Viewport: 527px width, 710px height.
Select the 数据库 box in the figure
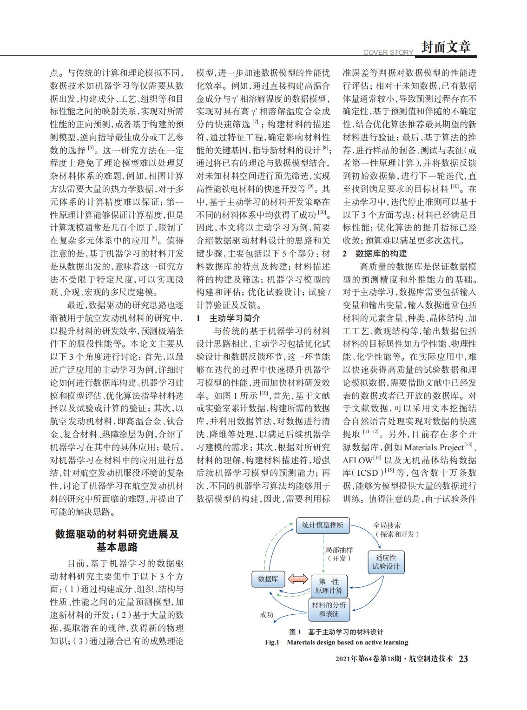268,579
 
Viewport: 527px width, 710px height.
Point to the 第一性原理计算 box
329,586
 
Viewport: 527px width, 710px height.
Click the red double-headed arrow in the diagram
298,579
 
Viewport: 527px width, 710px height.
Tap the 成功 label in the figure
266,615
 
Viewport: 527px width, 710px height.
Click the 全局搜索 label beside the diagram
387,525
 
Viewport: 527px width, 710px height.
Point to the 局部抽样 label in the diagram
339,550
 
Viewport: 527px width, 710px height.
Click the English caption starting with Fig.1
336,642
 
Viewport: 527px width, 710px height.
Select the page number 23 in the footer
463,659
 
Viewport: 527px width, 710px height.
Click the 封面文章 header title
446,46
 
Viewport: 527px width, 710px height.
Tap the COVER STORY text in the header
388,53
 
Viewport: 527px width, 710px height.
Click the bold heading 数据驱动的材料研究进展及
117,534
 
